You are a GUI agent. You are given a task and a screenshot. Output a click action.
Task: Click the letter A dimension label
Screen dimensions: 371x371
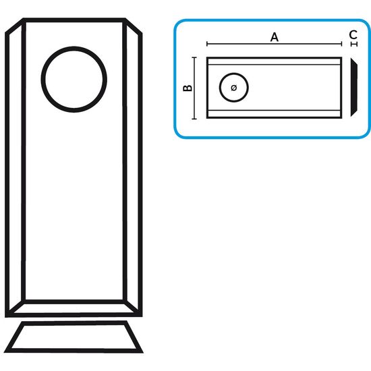click(275, 37)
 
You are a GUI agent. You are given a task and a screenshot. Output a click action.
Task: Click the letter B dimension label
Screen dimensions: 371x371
click(188, 88)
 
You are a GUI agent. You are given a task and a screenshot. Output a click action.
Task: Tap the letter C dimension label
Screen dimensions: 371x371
click(353, 35)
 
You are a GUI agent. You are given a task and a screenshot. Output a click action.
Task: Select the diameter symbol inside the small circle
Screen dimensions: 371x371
click(234, 88)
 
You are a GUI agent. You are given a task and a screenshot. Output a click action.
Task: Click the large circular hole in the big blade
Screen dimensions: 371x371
click(41, 80)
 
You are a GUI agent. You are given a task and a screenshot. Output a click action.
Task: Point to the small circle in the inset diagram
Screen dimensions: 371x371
click(220, 88)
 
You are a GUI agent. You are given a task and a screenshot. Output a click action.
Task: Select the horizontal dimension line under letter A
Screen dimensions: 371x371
click(275, 44)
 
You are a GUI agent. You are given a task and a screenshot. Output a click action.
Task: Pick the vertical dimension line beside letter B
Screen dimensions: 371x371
click(194, 88)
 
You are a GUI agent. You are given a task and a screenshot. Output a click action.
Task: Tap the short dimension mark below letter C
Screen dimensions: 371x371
click(354, 45)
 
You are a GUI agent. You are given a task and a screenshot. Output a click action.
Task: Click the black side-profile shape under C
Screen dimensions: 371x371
click(353, 88)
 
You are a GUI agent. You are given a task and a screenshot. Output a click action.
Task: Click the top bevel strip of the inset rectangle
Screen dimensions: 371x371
click(275, 61)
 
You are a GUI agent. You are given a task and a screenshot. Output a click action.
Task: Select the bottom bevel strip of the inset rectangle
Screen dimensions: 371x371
click(275, 113)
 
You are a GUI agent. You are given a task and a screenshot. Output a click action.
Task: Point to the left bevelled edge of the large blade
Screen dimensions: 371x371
click(15, 167)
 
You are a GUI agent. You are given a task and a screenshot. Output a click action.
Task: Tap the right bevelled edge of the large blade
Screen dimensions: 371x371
click(133, 167)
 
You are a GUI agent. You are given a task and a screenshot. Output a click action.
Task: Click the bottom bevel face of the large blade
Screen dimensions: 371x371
click(74, 308)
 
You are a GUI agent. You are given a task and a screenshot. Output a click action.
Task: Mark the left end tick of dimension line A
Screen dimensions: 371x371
click(207, 44)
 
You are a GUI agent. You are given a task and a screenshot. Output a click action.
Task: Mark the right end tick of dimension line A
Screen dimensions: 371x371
click(342, 44)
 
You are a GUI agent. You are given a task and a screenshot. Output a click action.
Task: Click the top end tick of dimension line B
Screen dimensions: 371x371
click(194, 57)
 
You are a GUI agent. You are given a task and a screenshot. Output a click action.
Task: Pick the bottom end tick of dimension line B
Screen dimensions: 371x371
click(194, 119)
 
